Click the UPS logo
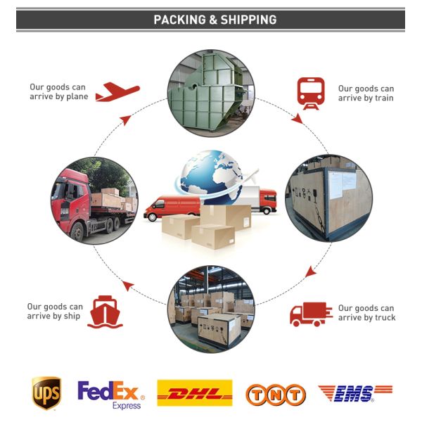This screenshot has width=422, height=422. [46, 393]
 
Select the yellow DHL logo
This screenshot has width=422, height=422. [195, 392]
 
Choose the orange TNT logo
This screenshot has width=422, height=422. [275, 395]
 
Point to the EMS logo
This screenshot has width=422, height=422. [354, 393]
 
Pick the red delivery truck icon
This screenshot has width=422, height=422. [311, 313]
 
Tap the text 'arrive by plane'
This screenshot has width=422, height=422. [58, 97]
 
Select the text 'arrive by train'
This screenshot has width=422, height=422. [366, 98]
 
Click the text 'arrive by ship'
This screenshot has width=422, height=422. [55, 316]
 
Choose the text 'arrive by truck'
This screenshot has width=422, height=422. [366, 318]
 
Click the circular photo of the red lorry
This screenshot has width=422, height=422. [94, 200]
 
